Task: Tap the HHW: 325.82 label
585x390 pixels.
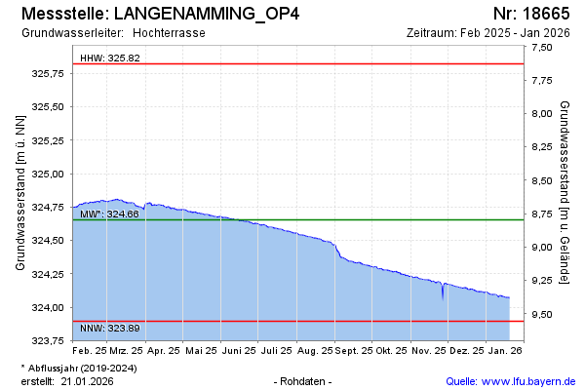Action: pos(110,58)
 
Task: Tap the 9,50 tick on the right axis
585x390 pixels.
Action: pos(541,314)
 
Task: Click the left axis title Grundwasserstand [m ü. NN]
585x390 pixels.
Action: pos(19,192)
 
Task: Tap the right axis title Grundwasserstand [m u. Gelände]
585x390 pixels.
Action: pos(565,192)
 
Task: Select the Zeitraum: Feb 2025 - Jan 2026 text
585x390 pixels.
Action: pos(488,32)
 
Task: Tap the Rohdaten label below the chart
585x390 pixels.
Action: pos(304,380)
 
